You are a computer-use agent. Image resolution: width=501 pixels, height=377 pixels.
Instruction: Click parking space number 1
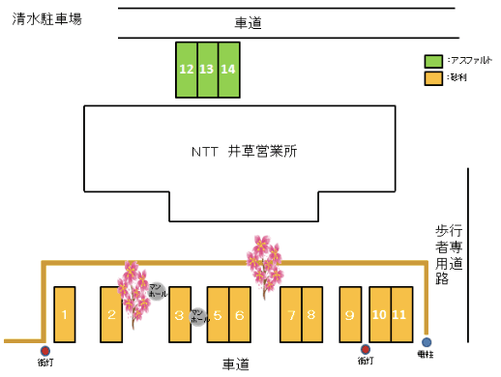(64, 314)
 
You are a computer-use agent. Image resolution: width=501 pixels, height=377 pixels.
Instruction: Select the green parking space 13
(207, 70)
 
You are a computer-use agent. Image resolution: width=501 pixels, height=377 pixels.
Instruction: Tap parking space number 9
(350, 314)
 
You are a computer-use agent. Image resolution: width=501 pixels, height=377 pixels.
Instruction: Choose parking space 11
(400, 314)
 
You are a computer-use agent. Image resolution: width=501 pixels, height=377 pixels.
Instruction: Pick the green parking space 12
(186, 70)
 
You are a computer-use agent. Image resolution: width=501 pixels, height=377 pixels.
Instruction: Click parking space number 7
(290, 314)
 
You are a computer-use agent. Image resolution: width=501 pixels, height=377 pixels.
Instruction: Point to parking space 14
(228, 70)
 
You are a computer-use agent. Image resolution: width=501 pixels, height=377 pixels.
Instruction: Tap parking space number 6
(241, 314)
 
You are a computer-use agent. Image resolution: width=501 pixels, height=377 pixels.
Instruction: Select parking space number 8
(311, 314)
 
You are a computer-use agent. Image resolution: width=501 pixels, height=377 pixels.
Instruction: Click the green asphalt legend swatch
(434, 60)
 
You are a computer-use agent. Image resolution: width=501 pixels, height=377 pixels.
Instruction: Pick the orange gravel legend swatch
(434, 77)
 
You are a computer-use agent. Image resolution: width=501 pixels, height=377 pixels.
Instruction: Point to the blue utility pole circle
(427, 342)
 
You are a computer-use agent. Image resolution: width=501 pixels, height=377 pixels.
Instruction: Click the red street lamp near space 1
(44, 351)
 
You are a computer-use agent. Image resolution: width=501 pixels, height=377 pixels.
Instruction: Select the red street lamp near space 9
(365, 350)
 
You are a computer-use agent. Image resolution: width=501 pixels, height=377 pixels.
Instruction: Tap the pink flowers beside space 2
(133, 292)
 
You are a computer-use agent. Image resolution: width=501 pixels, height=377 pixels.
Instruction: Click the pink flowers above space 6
(263, 259)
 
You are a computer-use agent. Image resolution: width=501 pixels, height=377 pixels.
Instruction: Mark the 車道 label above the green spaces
(249, 22)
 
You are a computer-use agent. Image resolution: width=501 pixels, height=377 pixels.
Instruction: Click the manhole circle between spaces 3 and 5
(197, 315)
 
